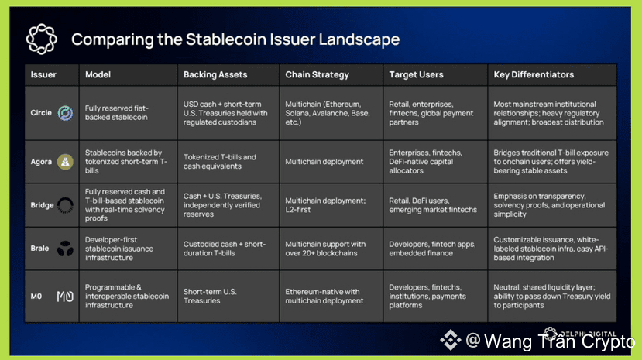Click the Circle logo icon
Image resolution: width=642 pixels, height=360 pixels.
65,113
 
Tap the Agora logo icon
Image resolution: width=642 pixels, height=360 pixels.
65,162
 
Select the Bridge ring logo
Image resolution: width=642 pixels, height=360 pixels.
65,205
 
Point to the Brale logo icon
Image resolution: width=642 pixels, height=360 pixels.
65,249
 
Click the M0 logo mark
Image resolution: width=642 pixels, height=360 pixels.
65,297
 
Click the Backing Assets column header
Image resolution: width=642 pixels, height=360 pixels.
215,75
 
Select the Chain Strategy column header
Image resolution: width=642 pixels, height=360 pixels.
318,75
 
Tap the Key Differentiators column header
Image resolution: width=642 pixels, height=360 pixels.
534,75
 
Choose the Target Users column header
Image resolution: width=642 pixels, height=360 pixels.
416,75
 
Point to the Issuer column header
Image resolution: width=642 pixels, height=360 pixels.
43,75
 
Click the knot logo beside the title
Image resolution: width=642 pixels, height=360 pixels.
41,39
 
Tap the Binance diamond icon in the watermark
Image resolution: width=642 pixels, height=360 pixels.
451,340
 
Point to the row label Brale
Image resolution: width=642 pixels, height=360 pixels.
39,249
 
